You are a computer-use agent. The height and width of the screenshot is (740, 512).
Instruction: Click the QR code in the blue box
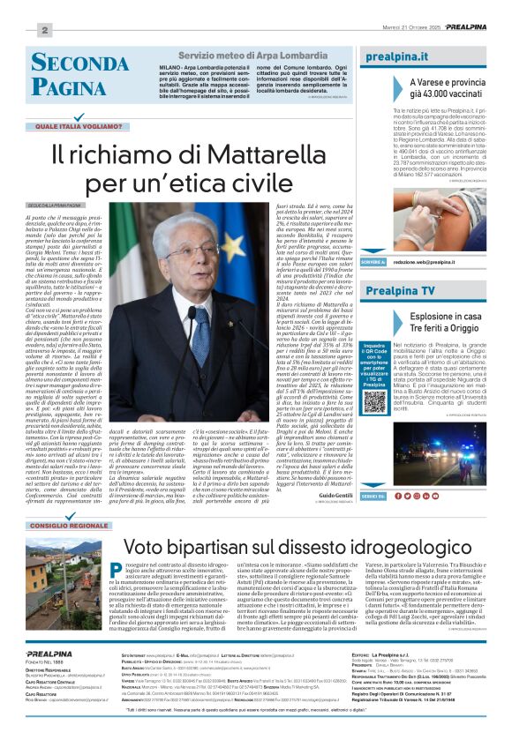pos(374,400)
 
